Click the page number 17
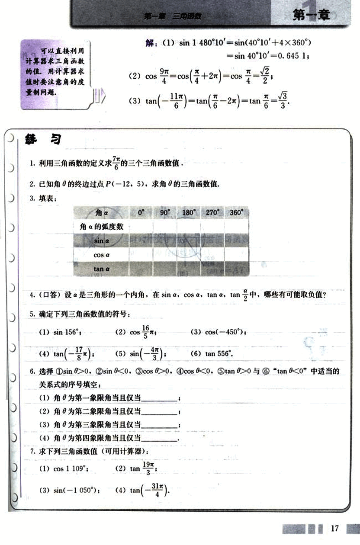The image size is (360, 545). coord(334,528)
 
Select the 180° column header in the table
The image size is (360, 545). coord(189,213)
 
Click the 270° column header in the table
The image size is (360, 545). coord(212,213)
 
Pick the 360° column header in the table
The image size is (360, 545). coord(236,213)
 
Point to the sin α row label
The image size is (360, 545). coord(102,240)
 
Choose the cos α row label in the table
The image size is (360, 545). coord(102,255)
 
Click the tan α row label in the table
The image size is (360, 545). coord(102,269)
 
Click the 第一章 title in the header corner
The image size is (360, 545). coord(311,16)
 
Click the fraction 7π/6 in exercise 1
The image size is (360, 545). coord(116,163)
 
